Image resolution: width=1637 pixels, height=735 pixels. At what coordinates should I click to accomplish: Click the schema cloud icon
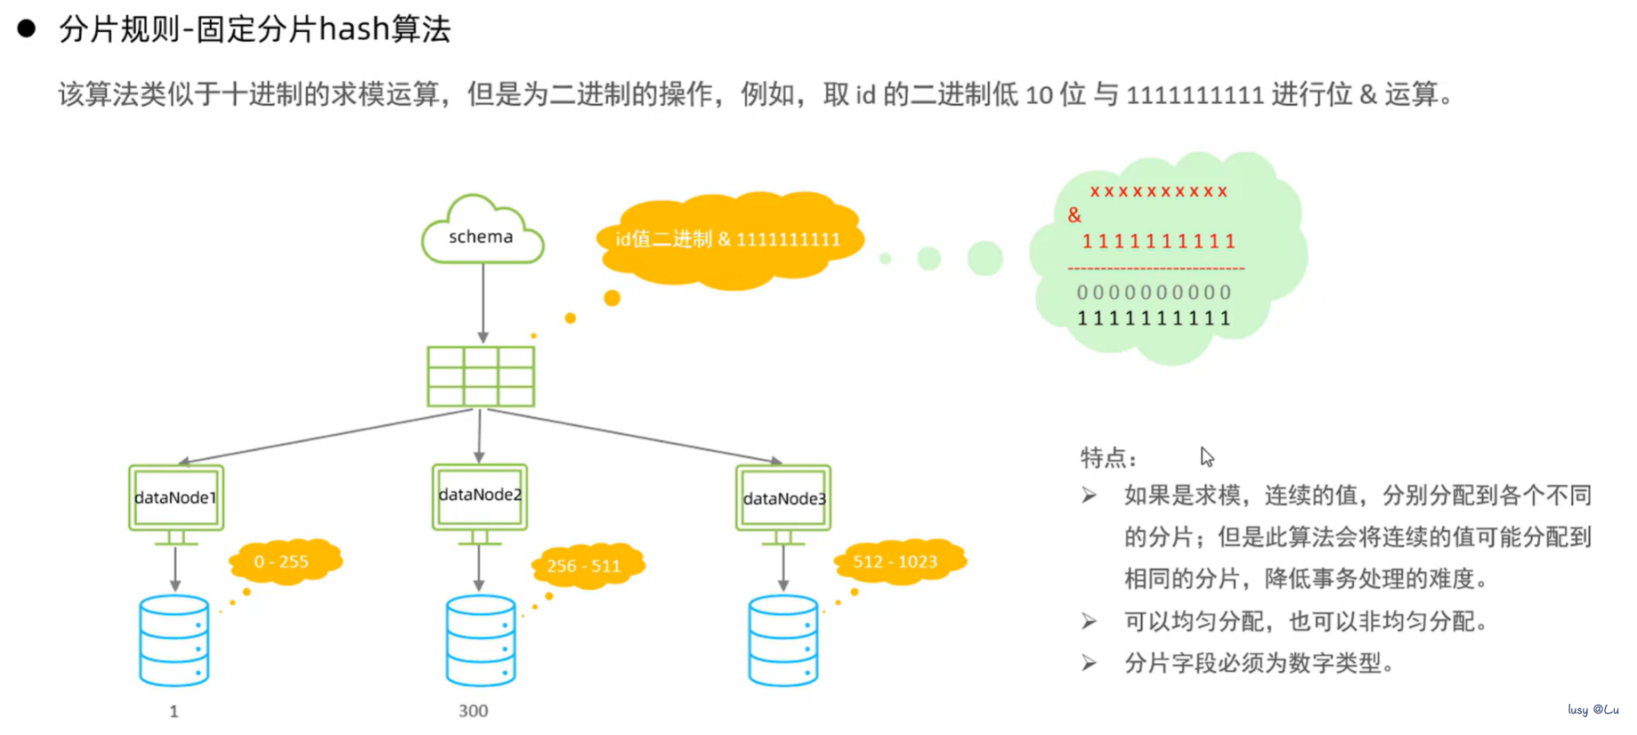(x=482, y=233)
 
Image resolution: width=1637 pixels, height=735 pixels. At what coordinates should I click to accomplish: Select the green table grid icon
(x=481, y=376)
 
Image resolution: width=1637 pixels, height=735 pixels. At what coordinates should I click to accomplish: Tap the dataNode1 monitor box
(x=175, y=497)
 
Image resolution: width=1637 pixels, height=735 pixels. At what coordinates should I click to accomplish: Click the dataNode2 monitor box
(x=480, y=496)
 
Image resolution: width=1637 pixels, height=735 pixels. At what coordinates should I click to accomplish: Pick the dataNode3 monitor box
(x=783, y=498)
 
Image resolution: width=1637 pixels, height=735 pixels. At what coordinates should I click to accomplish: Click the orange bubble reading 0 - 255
(x=284, y=561)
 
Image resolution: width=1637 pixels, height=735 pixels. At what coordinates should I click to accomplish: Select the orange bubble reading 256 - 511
(x=586, y=566)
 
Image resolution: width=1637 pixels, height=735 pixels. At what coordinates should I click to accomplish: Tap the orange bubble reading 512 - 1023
(x=897, y=561)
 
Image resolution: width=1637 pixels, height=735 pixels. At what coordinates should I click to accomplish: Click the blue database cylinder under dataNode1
(x=174, y=641)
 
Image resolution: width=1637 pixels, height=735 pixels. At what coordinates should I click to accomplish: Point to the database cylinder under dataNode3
(x=783, y=641)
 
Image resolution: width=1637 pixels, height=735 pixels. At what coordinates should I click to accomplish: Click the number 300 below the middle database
(x=473, y=711)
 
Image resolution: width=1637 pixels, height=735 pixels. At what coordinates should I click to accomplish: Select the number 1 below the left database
(x=174, y=711)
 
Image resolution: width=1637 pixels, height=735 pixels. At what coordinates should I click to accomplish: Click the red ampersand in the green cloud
(x=1074, y=215)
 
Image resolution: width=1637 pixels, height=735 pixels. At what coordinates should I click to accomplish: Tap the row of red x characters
(x=1158, y=191)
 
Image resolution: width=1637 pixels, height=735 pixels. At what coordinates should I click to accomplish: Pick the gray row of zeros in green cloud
(x=1154, y=293)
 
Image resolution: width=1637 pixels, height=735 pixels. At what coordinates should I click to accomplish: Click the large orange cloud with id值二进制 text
(x=728, y=239)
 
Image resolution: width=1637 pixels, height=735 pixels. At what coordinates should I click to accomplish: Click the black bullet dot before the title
(x=27, y=28)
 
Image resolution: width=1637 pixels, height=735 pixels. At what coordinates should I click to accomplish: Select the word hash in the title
(x=354, y=29)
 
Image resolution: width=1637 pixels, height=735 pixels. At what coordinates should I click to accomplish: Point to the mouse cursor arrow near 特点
(x=1205, y=456)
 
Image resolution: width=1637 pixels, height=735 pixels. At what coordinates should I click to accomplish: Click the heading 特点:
(x=1107, y=458)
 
